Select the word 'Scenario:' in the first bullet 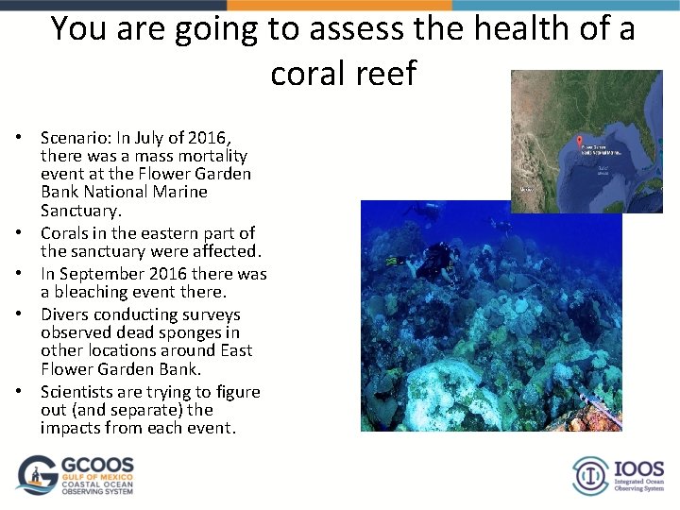pos(75,138)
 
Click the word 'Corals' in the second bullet pos(66,233)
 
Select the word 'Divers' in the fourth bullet pos(65,314)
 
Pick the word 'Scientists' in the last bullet pos(79,392)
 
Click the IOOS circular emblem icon pos(591,475)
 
